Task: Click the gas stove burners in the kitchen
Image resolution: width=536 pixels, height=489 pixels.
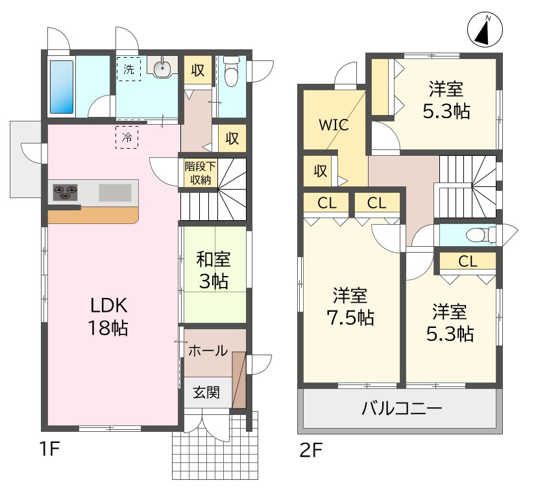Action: click(x=65, y=192)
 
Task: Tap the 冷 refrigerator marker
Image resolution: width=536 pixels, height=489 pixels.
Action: click(x=127, y=137)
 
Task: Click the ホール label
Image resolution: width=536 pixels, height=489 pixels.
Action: click(x=208, y=351)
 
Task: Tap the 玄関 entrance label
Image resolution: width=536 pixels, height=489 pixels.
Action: click(x=206, y=392)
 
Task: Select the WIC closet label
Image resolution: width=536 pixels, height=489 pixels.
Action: click(x=334, y=125)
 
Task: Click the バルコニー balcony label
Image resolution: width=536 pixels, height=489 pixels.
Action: click(x=401, y=409)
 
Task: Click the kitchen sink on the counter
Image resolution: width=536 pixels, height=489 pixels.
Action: click(x=114, y=193)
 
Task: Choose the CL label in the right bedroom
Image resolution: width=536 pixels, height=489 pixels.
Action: click(x=468, y=262)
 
